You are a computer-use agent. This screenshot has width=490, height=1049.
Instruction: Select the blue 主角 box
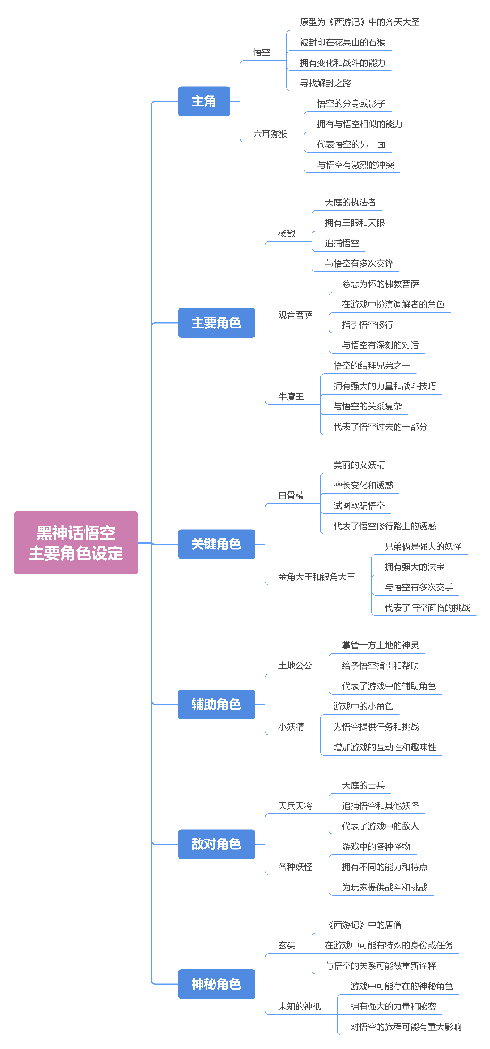(x=204, y=101)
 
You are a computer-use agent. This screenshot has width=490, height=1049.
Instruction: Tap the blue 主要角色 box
(x=216, y=323)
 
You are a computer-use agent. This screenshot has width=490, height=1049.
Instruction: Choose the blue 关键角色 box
(x=216, y=544)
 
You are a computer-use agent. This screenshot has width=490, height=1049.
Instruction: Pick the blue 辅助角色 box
(x=216, y=704)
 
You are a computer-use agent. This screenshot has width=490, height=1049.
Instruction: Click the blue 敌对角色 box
(x=216, y=844)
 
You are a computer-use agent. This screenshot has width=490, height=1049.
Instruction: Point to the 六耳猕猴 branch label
(x=270, y=134)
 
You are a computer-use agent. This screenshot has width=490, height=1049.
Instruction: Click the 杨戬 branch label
(x=287, y=233)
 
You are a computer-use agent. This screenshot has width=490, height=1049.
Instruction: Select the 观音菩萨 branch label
(x=296, y=315)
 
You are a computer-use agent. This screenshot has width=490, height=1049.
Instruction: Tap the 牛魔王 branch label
(x=291, y=397)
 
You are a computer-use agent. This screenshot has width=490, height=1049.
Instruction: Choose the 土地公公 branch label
(x=296, y=666)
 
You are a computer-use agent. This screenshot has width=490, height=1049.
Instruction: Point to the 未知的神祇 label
(x=300, y=1007)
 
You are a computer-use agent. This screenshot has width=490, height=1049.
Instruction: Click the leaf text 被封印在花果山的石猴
(x=343, y=42)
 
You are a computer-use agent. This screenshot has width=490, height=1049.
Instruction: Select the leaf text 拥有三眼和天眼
(x=355, y=223)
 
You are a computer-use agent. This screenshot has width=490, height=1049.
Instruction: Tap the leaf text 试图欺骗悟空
(x=359, y=506)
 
